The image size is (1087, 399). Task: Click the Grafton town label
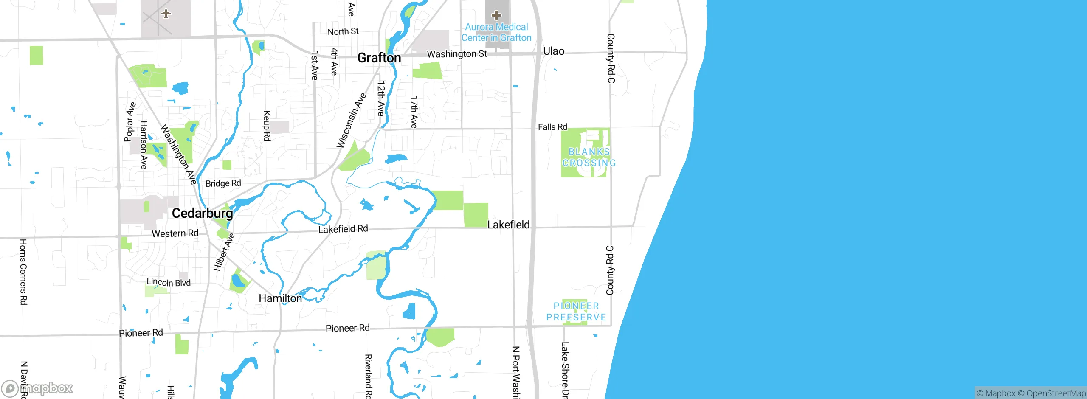tap(379, 58)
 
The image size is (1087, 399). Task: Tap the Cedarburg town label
tap(202, 213)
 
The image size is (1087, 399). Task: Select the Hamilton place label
tap(280, 298)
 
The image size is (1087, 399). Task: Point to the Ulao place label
tap(554, 51)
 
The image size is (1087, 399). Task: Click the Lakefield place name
tap(508, 225)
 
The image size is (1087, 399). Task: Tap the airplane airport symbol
tap(166, 14)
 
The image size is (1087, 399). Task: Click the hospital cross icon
tap(496, 16)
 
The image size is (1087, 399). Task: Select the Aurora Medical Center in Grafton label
tap(496, 32)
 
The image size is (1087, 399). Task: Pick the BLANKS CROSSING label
tap(589, 157)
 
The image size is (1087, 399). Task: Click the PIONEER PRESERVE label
tap(576, 312)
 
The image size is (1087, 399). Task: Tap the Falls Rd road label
tap(552, 127)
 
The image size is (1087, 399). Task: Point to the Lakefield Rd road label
tap(343, 229)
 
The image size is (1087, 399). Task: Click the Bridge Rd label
tap(223, 183)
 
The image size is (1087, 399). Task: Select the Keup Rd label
tap(267, 126)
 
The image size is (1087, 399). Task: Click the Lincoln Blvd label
tap(169, 282)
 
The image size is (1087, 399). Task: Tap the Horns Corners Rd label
tap(23, 272)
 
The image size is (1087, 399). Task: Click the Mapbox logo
tap(37, 388)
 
